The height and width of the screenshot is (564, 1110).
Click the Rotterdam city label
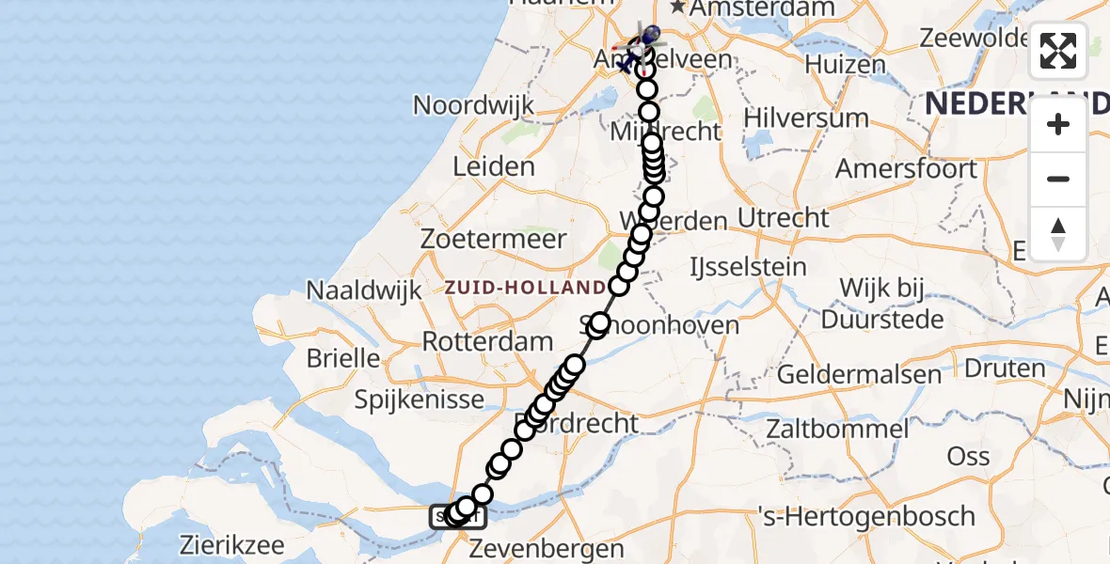487,341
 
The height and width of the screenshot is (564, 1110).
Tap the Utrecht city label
784,218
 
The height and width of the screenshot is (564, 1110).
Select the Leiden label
493,167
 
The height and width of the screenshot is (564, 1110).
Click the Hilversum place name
805,118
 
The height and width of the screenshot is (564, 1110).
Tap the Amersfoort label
907,169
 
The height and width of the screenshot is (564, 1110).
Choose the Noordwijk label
473,105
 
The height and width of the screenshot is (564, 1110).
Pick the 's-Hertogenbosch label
867,516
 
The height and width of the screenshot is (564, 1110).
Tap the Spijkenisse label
420,399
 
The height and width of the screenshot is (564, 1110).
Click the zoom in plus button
1058,125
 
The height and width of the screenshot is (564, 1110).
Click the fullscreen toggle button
1058,51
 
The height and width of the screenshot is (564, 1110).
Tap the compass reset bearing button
1058,234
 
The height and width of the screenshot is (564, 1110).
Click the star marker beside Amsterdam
676,8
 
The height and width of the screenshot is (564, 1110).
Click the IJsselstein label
749,267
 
